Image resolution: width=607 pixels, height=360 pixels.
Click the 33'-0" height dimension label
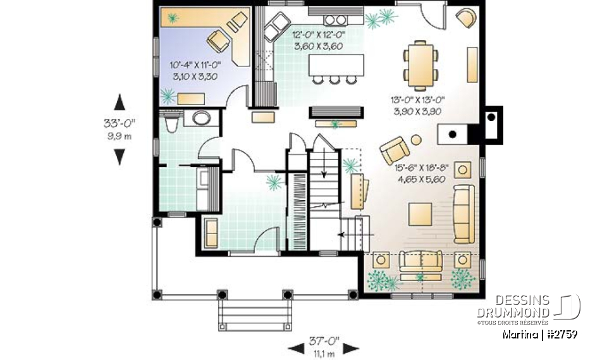[x=119, y=123]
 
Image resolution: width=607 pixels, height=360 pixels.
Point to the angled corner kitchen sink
[x=275, y=28]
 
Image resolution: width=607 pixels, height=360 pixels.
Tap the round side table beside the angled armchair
[x=416, y=140]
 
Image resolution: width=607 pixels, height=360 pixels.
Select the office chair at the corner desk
[x=218, y=41]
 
